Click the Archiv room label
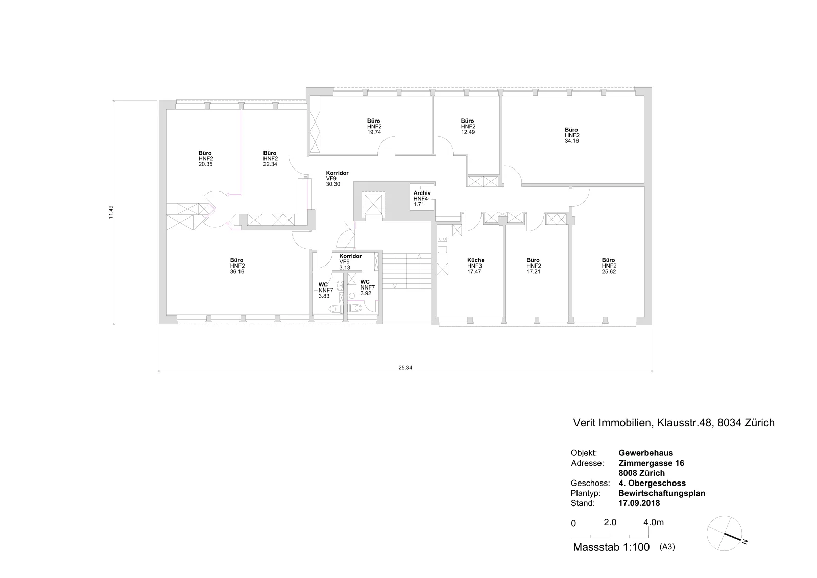pos(422,193)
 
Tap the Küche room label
pos(475,260)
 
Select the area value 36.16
pos(237,272)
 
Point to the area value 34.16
pos(571,141)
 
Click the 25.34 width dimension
pos(405,368)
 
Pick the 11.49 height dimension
pos(111,212)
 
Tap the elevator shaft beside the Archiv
pos(373,204)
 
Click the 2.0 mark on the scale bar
pos(610,522)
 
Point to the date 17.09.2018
pos(639,503)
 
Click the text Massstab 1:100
pos(611,547)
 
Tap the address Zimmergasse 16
pos(651,463)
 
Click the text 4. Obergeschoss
pos(652,483)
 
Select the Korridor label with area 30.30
pos(337,173)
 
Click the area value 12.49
pos(468,132)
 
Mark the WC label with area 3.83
pos(323,285)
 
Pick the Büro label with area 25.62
pos(608,260)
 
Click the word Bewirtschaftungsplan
pos(662,493)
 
